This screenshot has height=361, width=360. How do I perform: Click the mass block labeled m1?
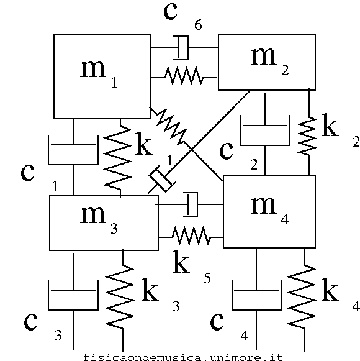[x=102, y=76]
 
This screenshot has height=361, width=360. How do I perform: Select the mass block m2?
[x=267, y=62]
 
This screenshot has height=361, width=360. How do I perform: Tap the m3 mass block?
[x=104, y=223]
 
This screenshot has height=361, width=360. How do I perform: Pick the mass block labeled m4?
[x=269, y=211]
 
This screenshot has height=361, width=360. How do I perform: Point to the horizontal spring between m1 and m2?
[x=184, y=76]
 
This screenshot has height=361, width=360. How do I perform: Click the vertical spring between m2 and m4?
[x=307, y=136]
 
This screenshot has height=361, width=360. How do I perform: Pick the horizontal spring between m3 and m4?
[x=191, y=235]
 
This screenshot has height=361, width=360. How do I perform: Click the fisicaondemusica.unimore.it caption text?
[x=183, y=357]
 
